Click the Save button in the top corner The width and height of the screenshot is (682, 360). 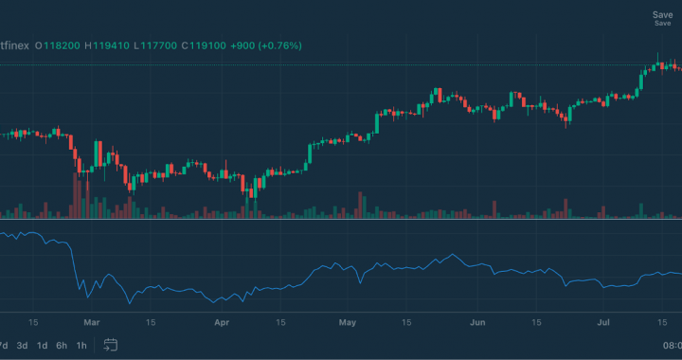pos(662,15)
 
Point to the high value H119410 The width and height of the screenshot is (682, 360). pos(106,44)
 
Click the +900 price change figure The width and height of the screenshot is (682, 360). pos(242,44)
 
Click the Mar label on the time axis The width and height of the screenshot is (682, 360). pos(91,322)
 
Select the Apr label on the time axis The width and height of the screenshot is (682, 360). pos(222,322)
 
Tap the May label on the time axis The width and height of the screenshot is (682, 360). pos(348,322)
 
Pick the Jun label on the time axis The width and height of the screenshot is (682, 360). pos(478,322)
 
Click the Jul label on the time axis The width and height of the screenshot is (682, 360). pos(604,322)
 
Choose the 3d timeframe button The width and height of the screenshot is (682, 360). pos(22,345)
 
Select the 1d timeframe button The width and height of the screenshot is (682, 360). pos(42,345)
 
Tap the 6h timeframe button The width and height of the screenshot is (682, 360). pos(62,345)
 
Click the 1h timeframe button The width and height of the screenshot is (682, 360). pos(81,345)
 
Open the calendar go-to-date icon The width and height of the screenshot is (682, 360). pos(111,345)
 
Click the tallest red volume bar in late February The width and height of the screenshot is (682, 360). pos(77,194)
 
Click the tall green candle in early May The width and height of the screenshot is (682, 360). pos(377,123)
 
